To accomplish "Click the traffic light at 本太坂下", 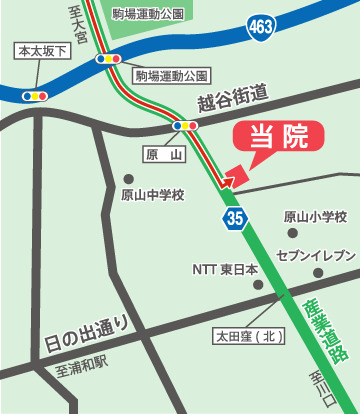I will (37, 96).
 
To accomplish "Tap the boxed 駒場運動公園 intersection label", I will (171, 75).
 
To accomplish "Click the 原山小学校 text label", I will (314, 216).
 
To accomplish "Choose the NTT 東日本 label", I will (225, 269).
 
